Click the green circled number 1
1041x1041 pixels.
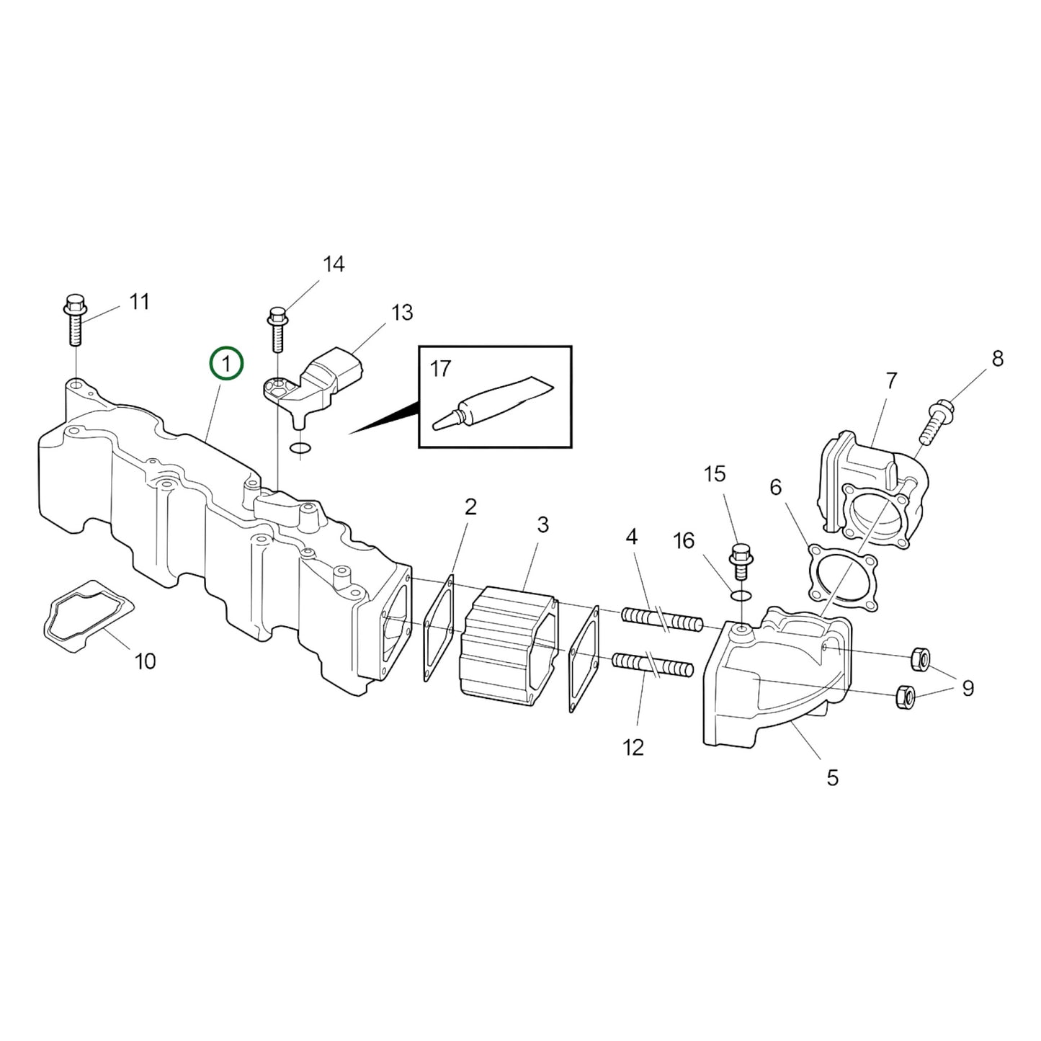pos(226,365)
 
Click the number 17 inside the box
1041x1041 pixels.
pos(440,369)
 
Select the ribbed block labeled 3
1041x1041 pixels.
pos(509,641)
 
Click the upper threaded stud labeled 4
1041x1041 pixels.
pos(662,620)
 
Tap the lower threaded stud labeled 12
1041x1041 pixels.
pos(652,664)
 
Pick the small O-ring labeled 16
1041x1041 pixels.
pos(741,595)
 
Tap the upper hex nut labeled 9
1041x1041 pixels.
pos(919,657)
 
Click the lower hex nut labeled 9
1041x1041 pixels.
pos(905,697)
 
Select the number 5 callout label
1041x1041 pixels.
pos(832,777)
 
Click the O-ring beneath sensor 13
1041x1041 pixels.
pos(300,450)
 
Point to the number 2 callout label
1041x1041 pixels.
pos(470,506)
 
